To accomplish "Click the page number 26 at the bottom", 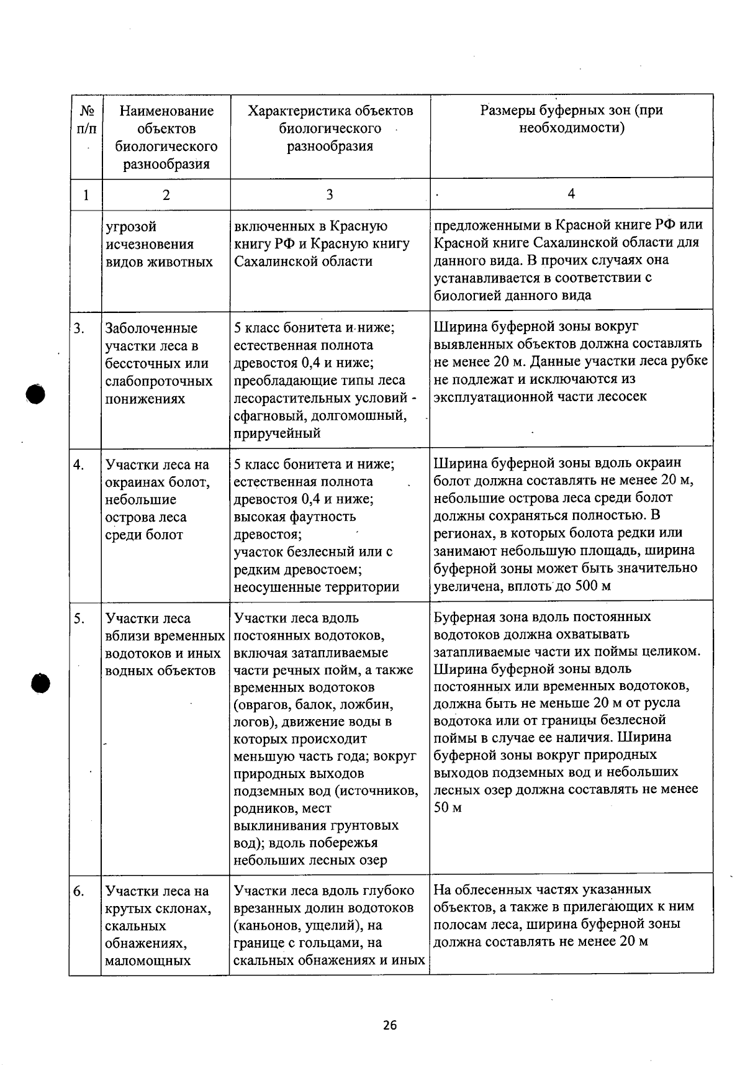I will click(x=389, y=1025).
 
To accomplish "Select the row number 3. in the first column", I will click(x=79, y=328).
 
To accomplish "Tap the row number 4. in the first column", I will click(x=79, y=465).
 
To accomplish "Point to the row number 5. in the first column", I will click(x=79, y=619).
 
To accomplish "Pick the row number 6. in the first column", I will click(x=79, y=891).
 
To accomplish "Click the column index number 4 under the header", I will click(x=571, y=194).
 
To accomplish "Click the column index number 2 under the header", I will click(x=166, y=195).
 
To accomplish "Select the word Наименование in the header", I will click(x=166, y=111).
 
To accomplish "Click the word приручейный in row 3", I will click(x=277, y=433).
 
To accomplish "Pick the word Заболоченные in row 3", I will click(x=151, y=328).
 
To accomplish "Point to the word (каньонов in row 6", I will click(x=263, y=925).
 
